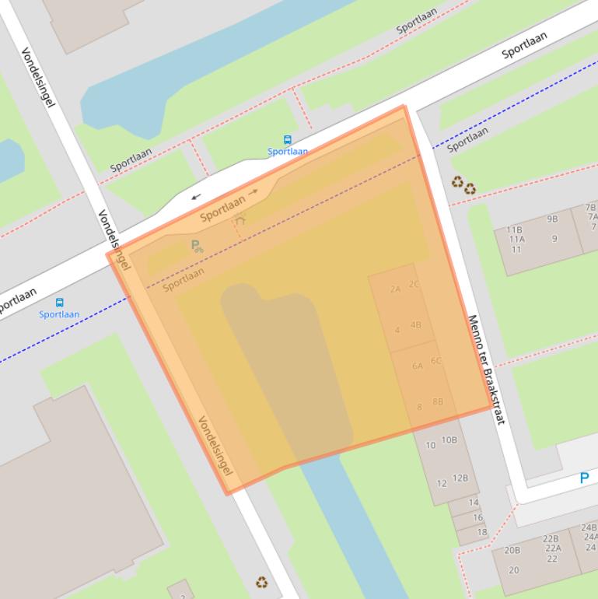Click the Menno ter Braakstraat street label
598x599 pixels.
pyautogui.click(x=487, y=370)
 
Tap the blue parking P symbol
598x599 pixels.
pyautogui.click(x=584, y=478)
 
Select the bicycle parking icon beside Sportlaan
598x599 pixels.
pyautogui.click(x=197, y=247)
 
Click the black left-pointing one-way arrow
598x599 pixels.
pyautogui.click(x=195, y=197)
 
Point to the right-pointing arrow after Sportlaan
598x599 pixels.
pyautogui.click(x=253, y=191)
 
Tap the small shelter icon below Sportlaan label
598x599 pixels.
pyautogui.click(x=240, y=219)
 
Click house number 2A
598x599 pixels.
pyautogui.click(x=395, y=289)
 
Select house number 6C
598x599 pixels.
pyautogui.click(x=435, y=360)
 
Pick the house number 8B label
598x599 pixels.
pyautogui.click(x=438, y=401)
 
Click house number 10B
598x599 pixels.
pyautogui.click(x=449, y=440)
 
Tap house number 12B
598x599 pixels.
pyautogui.click(x=460, y=478)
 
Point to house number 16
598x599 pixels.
pyautogui.click(x=477, y=517)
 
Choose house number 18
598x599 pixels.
pyautogui.click(x=482, y=532)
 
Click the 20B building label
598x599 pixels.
pyautogui.click(x=512, y=550)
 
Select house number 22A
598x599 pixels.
pyautogui.click(x=553, y=548)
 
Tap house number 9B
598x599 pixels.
pyautogui.click(x=552, y=219)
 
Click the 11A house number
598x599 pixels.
pyautogui.click(x=516, y=240)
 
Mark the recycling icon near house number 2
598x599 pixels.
pyautogui.click(x=262, y=581)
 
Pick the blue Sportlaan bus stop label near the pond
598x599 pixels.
pyautogui.click(x=288, y=152)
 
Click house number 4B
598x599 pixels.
pyautogui.click(x=415, y=324)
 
